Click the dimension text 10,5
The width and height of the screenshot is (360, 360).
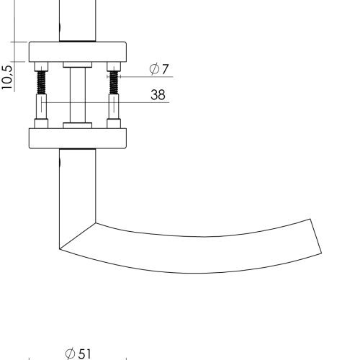7,78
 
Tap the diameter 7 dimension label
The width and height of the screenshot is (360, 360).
159,69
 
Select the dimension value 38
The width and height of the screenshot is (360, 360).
158,94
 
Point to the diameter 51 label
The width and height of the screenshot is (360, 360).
78,354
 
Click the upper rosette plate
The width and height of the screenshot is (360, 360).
78,52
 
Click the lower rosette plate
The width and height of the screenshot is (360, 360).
78,138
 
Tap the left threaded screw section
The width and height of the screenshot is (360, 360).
41,83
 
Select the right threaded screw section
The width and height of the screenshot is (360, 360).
114,83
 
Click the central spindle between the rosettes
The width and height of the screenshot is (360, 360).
78,95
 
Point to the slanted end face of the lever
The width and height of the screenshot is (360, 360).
316,236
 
